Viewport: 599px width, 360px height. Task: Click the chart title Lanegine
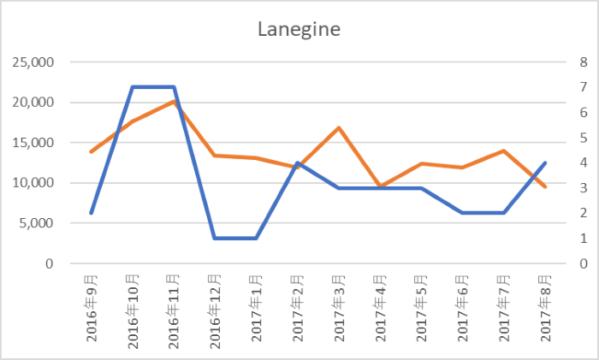click(x=299, y=30)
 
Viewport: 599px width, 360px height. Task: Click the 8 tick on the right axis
click(x=559, y=62)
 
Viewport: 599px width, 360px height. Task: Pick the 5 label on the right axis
click(x=559, y=138)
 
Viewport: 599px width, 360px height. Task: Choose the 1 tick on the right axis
click(x=559, y=239)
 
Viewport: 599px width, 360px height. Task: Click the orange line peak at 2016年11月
click(x=174, y=102)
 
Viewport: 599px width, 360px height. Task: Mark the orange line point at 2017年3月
click(x=339, y=128)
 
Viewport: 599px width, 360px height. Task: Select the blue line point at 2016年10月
click(x=133, y=87)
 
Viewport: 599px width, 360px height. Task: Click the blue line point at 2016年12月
click(x=215, y=238)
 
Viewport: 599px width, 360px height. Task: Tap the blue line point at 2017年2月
click(x=298, y=162)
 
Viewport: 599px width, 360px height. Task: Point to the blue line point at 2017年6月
click(x=463, y=213)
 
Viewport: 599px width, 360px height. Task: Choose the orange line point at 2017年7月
click(x=504, y=150)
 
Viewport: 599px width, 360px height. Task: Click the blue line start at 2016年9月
click(x=91, y=213)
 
